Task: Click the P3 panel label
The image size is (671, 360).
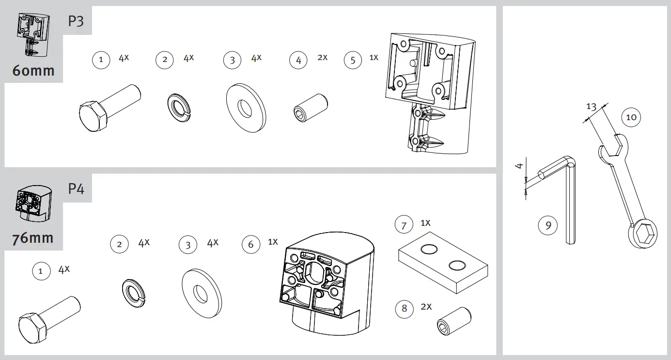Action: [76, 21]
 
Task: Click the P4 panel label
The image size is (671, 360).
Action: [76, 188]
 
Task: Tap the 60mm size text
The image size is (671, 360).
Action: [33, 71]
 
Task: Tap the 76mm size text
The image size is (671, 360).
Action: [33, 238]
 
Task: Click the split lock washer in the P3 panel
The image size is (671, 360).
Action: [179, 106]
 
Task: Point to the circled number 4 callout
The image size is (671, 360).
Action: [298, 60]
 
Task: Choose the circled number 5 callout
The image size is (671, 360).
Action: [353, 60]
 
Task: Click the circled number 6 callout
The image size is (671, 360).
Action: [250, 244]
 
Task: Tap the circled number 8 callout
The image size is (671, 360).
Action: [405, 309]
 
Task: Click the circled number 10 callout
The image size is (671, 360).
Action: [631, 117]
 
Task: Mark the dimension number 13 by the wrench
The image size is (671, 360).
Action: [591, 107]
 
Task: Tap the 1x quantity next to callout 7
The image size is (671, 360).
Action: [425, 223]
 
